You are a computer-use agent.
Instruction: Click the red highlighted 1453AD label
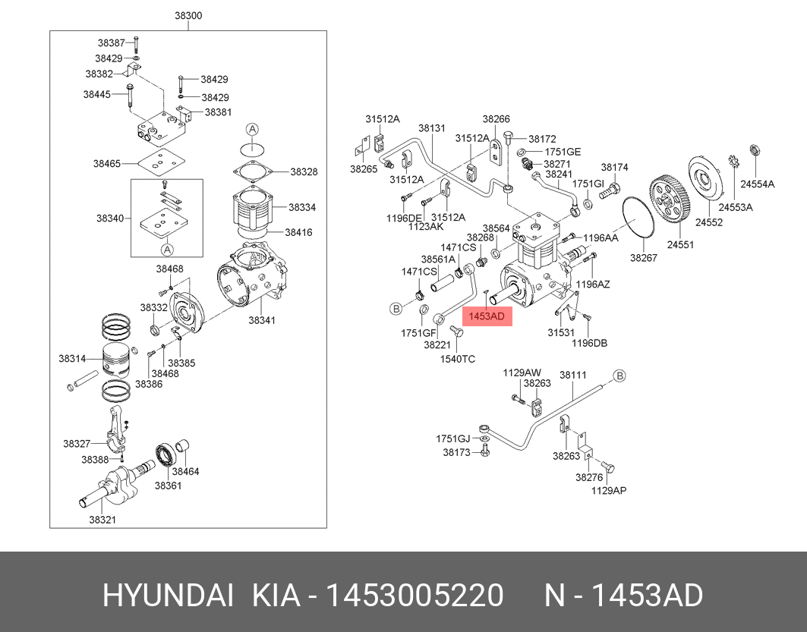coord(486,316)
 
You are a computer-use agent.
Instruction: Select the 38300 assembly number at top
coord(188,16)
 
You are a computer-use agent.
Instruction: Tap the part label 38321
coord(102,520)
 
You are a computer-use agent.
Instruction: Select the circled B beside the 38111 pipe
coord(619,376)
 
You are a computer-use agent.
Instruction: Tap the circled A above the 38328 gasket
coord(253,128)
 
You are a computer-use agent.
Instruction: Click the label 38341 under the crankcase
coord(262,320)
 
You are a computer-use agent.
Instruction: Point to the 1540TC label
coord(458,358)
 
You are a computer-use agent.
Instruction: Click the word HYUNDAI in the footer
coord(168,596)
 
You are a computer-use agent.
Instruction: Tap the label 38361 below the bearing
coord(169,486)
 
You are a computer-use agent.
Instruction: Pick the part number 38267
coord(642,258)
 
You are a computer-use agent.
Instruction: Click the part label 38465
coord(107,163)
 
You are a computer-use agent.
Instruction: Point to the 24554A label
coord(758,184)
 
